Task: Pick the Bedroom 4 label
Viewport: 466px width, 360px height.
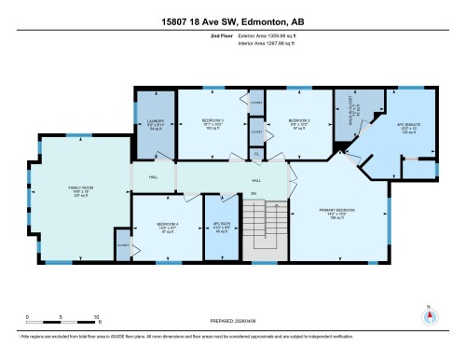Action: (168, 227)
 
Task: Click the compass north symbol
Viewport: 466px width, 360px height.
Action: (427, 317)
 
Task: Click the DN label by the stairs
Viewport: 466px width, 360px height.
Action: (253, 194)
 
